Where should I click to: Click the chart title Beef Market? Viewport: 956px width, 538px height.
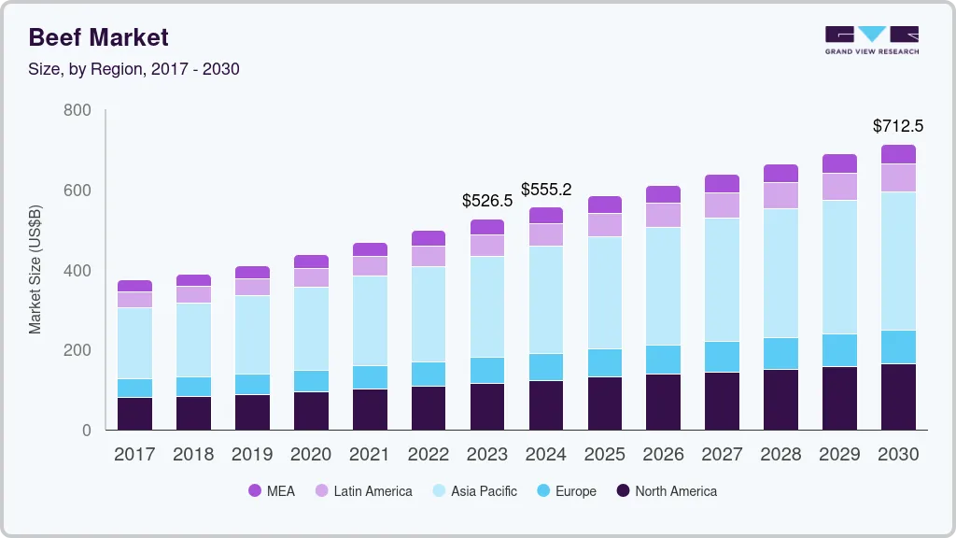98,37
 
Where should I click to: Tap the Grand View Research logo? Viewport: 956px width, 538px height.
871,40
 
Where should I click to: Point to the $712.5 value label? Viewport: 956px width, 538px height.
897,125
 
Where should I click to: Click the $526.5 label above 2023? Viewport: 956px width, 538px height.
487,201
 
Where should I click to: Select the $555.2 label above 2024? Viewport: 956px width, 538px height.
545,190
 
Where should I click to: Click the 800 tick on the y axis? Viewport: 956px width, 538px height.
77,110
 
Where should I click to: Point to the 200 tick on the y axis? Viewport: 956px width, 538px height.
77,350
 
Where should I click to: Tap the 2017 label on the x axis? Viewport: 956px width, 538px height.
134,455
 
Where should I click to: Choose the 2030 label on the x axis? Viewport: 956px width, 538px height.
898,455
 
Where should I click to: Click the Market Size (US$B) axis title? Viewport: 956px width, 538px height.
35,270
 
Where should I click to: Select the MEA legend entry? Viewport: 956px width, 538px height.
272,491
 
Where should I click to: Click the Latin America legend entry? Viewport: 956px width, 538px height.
363,491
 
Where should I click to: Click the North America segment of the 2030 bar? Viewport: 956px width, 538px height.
898,397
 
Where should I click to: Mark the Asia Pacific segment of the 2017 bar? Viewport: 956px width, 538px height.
134,343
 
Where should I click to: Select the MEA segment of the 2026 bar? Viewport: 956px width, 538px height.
664,194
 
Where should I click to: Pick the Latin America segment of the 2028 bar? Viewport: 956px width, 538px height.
780,195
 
